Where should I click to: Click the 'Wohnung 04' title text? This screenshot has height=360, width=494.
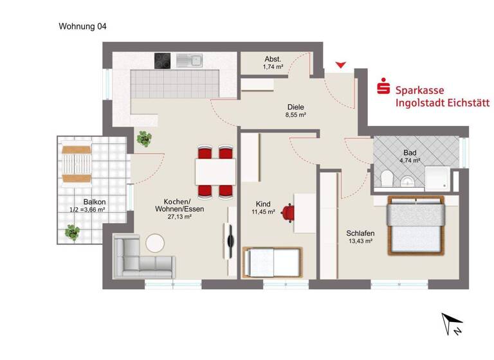tap(82, 26)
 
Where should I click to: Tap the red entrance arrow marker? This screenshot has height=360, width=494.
tap(341, 65)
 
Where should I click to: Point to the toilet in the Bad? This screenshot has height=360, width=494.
tap(387, 177)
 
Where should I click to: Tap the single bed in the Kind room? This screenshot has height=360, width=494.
tap(271, 262)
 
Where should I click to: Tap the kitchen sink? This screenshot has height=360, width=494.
tap(190, 60)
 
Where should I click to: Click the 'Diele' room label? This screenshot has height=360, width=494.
tap(295, 107)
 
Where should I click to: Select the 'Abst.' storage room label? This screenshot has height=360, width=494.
tap(272, 59)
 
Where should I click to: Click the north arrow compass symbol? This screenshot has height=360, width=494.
tap(453, 325)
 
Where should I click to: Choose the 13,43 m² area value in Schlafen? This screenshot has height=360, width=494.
tap(360, 241)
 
